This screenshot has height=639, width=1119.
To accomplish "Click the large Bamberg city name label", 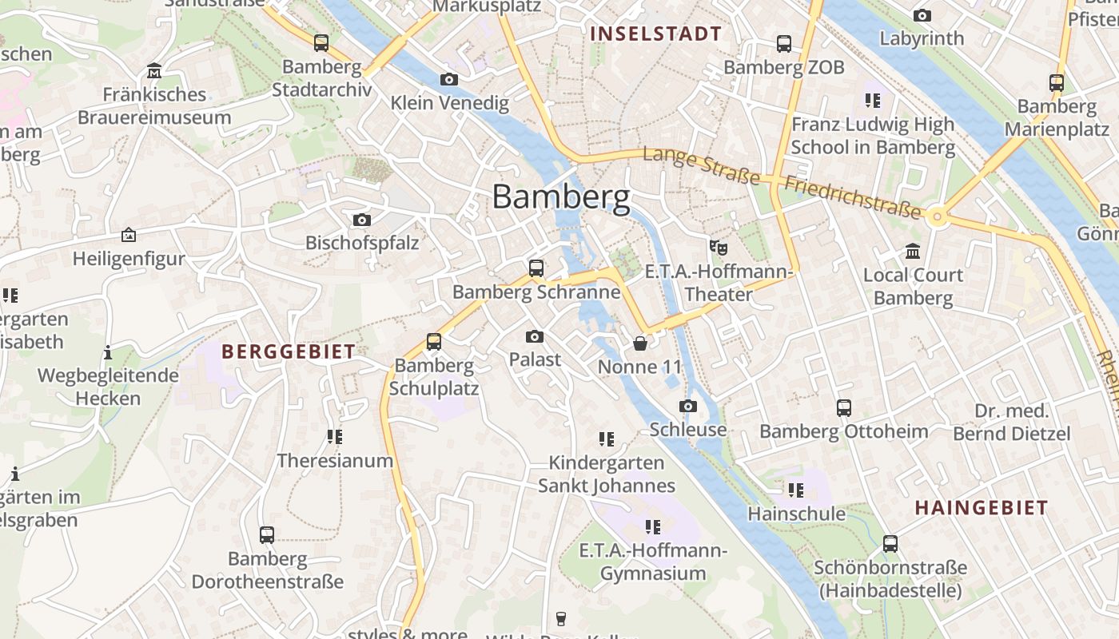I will coord(560,196).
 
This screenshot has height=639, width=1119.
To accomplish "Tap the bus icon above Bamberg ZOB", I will coord(783,44).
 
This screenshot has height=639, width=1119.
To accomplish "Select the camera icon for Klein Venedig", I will coord(449,79).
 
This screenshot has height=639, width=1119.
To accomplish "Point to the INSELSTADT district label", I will coord(655,34).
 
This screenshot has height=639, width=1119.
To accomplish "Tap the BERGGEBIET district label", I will coord(288,351).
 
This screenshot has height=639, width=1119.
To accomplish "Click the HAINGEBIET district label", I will coord(981,508).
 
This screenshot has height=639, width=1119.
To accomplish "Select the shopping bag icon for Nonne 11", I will coord(640,343).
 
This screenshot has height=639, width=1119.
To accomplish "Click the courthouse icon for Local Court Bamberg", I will coord(913,252).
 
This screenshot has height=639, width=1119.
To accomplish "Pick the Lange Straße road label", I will coord(701,165).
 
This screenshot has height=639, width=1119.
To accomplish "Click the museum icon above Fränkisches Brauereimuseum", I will coord(154,71).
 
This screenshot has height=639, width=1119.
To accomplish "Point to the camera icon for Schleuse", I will coord(687,406).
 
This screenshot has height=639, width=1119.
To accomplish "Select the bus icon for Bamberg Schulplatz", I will coord(433,342).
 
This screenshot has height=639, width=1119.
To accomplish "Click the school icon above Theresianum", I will coord(334,437).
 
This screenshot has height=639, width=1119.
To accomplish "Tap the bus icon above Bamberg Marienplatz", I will coord(1056,82).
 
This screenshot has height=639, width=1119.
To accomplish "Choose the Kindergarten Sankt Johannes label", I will coord(606,474).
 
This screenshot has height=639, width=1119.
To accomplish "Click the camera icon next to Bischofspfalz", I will coord(361,220).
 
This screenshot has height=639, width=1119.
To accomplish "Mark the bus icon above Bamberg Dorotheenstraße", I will coord(267,534).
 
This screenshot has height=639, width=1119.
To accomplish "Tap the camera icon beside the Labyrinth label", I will coord(922,15).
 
